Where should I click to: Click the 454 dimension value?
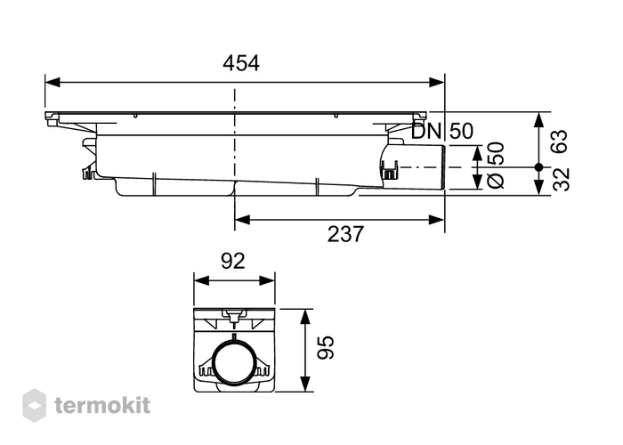[x=241, y=63]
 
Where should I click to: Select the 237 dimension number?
[x=345, y=234]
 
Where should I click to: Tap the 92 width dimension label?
[x=233, y=261]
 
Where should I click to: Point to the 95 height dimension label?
[x=326, y=348]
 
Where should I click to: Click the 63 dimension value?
[x=560, y=141]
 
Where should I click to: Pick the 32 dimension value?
[x=561, y=180]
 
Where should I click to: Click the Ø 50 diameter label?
[x=496, y=165]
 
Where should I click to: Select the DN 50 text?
[x=442, y=131]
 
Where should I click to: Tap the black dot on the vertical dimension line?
[x=538, y=167]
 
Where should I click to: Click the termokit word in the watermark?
[x=102, y=406]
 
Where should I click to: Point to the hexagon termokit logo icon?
[x=34, y=405]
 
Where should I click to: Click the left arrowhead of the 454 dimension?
[x=53, y=82]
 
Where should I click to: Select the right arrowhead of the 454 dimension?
[x=437, y=82]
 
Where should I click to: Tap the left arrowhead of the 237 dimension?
[x=242, y=219]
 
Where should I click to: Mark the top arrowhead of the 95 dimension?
[x=304, y=317]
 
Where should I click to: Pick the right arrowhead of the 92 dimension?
[x=267, y=280]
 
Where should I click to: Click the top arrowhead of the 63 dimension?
[x=538, y=120]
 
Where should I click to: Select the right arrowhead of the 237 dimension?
[x=437, y=219]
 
